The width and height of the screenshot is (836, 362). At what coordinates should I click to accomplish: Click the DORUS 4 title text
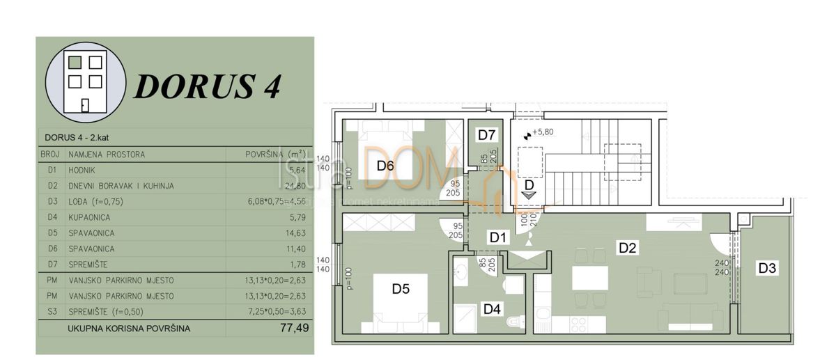pos(207,86)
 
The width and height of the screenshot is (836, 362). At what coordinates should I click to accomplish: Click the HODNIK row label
pos(83,170)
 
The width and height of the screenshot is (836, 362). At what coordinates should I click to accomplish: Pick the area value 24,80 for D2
pos(296,186)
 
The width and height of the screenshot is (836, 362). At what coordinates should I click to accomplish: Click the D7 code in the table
pos(51,265)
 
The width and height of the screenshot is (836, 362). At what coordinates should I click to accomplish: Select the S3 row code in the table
pos(51,311)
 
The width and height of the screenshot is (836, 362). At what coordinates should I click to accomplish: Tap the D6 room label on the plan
pos(386,166)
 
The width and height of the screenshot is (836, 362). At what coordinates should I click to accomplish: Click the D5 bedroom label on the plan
pos(400,290)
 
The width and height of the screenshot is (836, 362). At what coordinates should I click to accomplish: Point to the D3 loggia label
pos(768,267)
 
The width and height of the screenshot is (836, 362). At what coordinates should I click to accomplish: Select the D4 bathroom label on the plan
pos(492,308)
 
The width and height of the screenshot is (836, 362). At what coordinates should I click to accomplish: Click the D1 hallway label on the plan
pos(497,237)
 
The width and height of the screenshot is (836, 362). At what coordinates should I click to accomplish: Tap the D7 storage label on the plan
pos(486,135)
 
